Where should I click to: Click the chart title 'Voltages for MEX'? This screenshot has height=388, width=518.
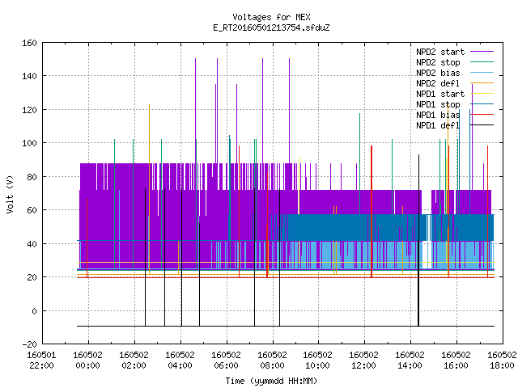[271, 17]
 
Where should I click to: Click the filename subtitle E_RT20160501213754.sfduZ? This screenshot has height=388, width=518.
[271, 27]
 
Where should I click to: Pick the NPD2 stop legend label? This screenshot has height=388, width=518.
[438, 62]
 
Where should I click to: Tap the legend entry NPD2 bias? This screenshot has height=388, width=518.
[438, 73]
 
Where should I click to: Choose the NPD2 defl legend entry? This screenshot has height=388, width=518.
[438, 83]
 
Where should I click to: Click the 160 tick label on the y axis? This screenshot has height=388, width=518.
[29, 43]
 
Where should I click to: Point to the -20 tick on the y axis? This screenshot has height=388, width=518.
[29, 344]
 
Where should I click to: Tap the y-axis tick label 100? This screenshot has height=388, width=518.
[29, 143]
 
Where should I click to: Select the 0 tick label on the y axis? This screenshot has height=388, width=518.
[34, 310]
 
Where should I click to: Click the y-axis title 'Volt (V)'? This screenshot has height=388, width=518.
[10, 195]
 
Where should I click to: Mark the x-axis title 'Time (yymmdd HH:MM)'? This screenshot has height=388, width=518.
[271, 381]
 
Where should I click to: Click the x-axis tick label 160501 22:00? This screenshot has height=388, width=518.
[41, 361]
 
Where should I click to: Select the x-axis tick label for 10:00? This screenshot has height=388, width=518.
[317, 361]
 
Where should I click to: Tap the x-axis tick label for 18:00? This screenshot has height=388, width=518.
[502, 361]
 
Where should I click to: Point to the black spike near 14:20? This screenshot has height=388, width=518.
[418, 240]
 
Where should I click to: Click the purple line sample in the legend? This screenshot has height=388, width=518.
[482, 52]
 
